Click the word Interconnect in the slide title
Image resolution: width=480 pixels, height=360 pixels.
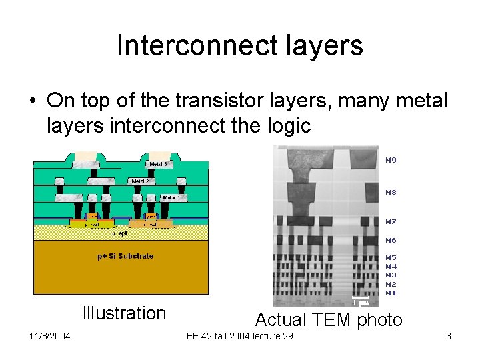[194, 45]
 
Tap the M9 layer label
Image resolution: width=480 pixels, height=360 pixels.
[391, 160]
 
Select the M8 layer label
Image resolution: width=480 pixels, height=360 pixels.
[391, 193]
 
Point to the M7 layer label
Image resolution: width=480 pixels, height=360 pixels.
[391, 221]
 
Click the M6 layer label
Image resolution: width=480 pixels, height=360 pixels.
[391, 241]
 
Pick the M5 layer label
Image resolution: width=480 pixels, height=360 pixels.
[391, 257]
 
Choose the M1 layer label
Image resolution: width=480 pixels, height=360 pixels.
[391, 293]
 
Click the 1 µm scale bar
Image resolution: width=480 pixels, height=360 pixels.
[361, 299]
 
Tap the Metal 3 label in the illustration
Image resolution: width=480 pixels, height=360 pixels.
[158, 164]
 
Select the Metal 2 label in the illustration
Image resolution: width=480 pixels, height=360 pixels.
[140, 181]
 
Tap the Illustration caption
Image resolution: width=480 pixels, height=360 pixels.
[123, 313]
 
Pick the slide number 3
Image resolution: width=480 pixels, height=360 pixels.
[449, 336]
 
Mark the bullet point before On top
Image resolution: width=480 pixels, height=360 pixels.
[32, 101]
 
